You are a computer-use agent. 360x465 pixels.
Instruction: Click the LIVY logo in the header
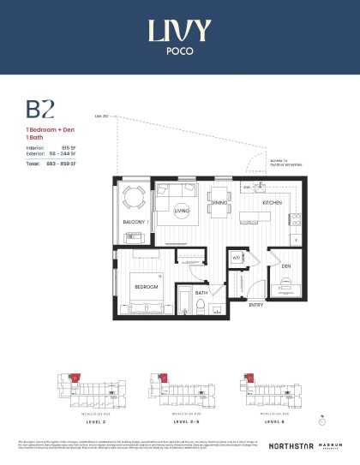(x=179, y=30)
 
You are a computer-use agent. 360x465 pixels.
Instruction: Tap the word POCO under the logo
(x=179, y=50)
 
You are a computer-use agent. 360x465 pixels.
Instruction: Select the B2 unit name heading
(x=40, y=109)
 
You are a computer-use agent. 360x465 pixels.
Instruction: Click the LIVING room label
(x=181, y=209)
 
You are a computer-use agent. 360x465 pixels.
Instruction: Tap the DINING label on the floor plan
(x=219, y=203)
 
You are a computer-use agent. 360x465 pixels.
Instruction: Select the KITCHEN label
(x=272, y=203)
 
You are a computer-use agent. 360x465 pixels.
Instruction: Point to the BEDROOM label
(x=146, y=286)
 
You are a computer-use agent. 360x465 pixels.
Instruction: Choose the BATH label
(x=201, y=293)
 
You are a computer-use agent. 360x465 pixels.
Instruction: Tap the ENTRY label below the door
(x=255, y=305)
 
